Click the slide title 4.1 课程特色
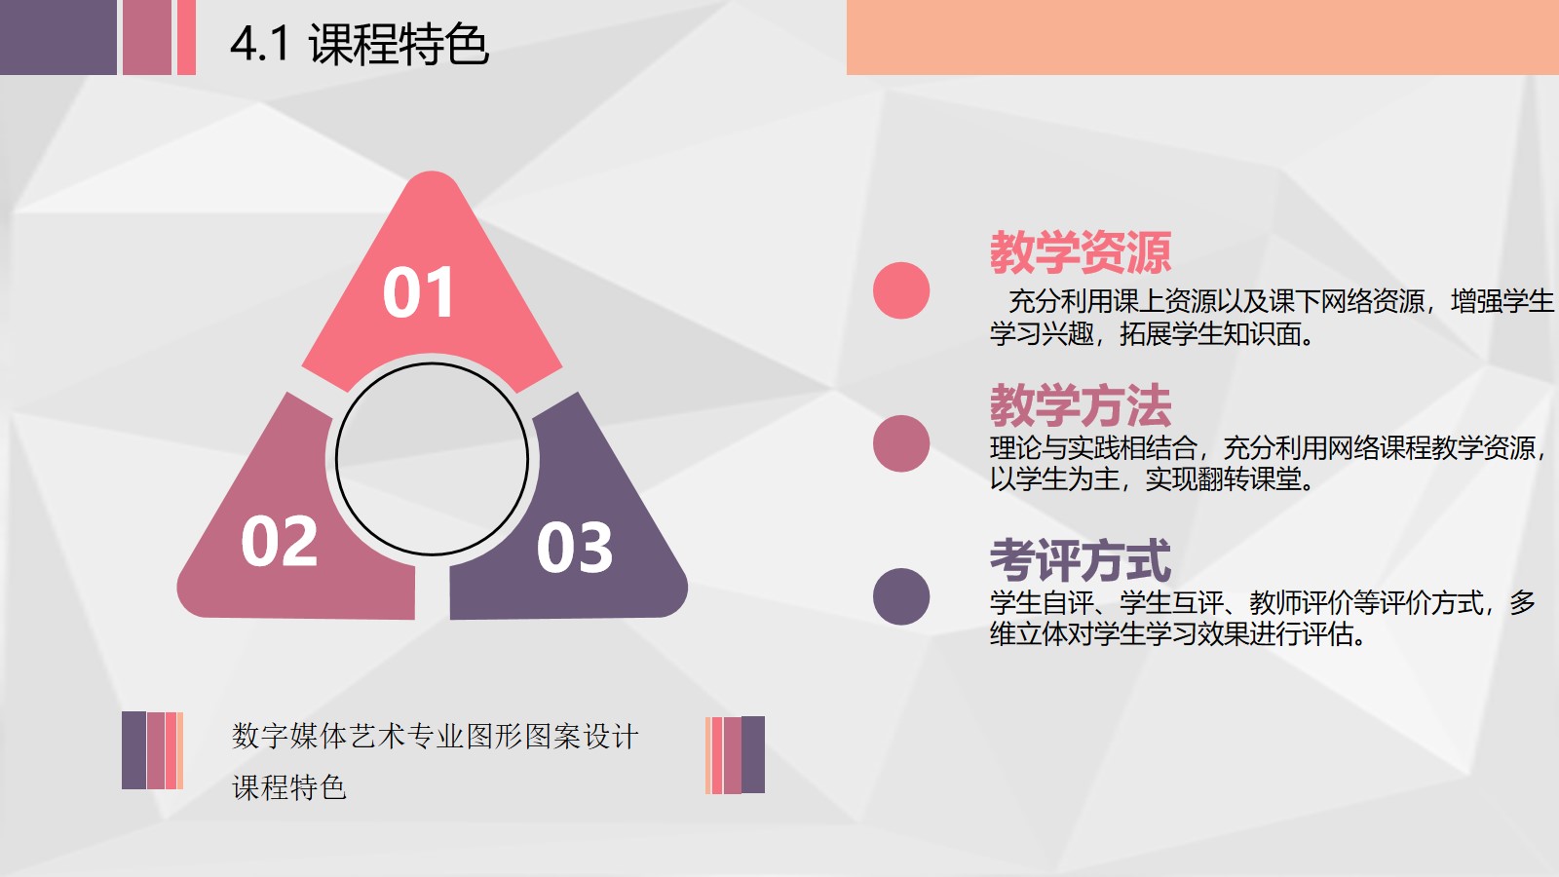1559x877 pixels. (x=360, y=44)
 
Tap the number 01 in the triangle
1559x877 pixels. (x=418, y=292)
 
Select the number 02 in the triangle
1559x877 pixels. (x=279, y=541)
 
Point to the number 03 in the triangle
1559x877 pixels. (x=574, y=548)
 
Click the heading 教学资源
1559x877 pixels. (x=1081, y=252)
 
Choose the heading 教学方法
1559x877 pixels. (x=1081, y=405)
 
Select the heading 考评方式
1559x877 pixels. (x=1081, y=560)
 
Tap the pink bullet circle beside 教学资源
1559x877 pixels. (x=901, y=290)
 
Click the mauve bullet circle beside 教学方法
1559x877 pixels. (x=901, y=443)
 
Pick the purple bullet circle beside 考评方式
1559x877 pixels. (x=901, y=596)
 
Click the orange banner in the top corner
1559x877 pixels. (x=1202, y=37)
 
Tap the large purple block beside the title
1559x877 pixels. (x=58, y=37)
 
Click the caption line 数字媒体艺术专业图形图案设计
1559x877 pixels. (x=435, y=737)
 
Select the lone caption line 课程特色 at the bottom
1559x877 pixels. (x=288, y=787)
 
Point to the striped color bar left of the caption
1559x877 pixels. (x=152, y=750)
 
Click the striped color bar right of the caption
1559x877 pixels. (x=735, y=755)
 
